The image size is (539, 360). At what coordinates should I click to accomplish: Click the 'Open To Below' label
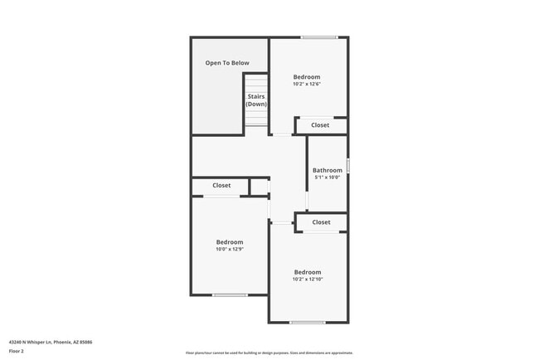pos(227,63)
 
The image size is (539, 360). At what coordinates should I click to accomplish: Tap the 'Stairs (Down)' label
pos(256,100)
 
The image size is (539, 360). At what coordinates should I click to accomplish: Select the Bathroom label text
pos(327,171)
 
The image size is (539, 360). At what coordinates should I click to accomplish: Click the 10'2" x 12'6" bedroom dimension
pos(306,84)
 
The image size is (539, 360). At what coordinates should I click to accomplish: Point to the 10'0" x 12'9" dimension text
pos(230,249)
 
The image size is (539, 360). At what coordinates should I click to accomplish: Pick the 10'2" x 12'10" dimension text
pos(307,280)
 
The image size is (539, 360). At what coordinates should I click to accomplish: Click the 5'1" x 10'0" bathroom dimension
pos(327,178)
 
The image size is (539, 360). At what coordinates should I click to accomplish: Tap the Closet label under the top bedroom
pos(320,125)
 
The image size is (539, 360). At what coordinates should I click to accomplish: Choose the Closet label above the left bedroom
pos(221,186)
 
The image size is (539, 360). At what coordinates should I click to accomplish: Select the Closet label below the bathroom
pos(321,222)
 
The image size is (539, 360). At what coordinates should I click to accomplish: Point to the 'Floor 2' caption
pos(17,351)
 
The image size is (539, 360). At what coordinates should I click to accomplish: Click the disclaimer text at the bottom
pos(269,353)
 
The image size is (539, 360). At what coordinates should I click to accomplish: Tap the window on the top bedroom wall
pos(319,37)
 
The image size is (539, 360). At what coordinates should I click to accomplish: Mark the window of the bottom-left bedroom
pos(230,295)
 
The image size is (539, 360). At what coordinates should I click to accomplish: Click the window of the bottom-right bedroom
pos(307,323)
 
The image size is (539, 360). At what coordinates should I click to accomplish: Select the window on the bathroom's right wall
pos(347,166)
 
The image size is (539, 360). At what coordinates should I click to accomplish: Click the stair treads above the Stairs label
pos(256,83)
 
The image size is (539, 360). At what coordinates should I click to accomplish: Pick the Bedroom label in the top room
pos(306,77)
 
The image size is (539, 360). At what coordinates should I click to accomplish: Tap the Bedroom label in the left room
pos(230,242)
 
